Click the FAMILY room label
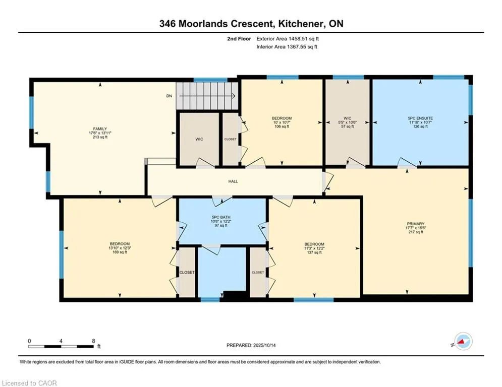[x=100, y=129]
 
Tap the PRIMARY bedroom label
[x=416, y=224]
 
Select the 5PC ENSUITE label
[x=420, y=118]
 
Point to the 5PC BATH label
[x=220, y=217]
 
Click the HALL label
[x=233, y=181]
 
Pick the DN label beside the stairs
[x=169, y=96]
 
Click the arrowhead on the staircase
[x=234, y=96]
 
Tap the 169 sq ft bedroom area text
[x=118, y=252]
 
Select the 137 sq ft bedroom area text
[x=314, y=252]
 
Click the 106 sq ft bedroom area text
[x=282, y=126]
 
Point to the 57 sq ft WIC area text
[x=348, y=126]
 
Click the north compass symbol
[x=463, y=341]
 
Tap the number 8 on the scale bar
[x=93, y=341]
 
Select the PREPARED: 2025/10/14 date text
[x=251, y=345]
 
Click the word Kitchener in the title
[x=300, y=24]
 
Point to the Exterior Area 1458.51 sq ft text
[x=288, y=39]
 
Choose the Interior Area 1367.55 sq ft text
[x=287, y=47]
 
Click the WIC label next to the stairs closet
[x=199, y=139]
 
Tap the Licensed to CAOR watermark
[x=29, y=383]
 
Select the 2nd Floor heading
[x=239, y=39]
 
